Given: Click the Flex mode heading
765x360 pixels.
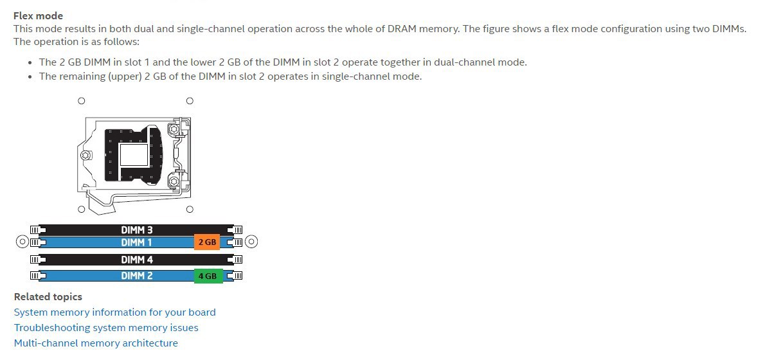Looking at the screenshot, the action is click(x=38, y=15).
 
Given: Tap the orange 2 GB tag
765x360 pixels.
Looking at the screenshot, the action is click(x=207, y=242).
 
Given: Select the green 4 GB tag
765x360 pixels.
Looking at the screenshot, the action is click(x=208, y=276).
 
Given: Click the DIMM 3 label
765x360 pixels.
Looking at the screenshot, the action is click(x=136, y=230).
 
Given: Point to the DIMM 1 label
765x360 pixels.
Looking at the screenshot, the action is click(x=136, y=242).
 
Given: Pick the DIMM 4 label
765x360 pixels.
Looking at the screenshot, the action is click(x=136, y=260).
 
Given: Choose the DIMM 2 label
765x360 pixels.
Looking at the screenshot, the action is click(x=136, y=276).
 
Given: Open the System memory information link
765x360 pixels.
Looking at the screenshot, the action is click(x=114, y=312).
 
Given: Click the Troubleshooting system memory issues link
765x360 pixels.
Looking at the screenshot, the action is click(x=106, y=328).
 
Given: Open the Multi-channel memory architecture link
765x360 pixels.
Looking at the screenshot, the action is click(x=96, y=343).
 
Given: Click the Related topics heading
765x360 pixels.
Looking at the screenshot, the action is click(x=48, y=296).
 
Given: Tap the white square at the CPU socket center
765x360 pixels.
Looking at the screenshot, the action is click(x=134, y=155).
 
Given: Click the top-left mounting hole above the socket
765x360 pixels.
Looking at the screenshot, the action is click(x=82, y=101).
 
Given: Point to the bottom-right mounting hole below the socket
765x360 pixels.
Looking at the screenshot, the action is click(x=190, y=210).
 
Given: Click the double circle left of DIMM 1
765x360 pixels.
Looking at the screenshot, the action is click(x=22, y=242).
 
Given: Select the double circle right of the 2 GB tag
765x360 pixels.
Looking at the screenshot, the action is click(x=251, y=242).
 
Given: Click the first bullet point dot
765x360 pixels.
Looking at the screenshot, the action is click(x=30, y=63).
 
